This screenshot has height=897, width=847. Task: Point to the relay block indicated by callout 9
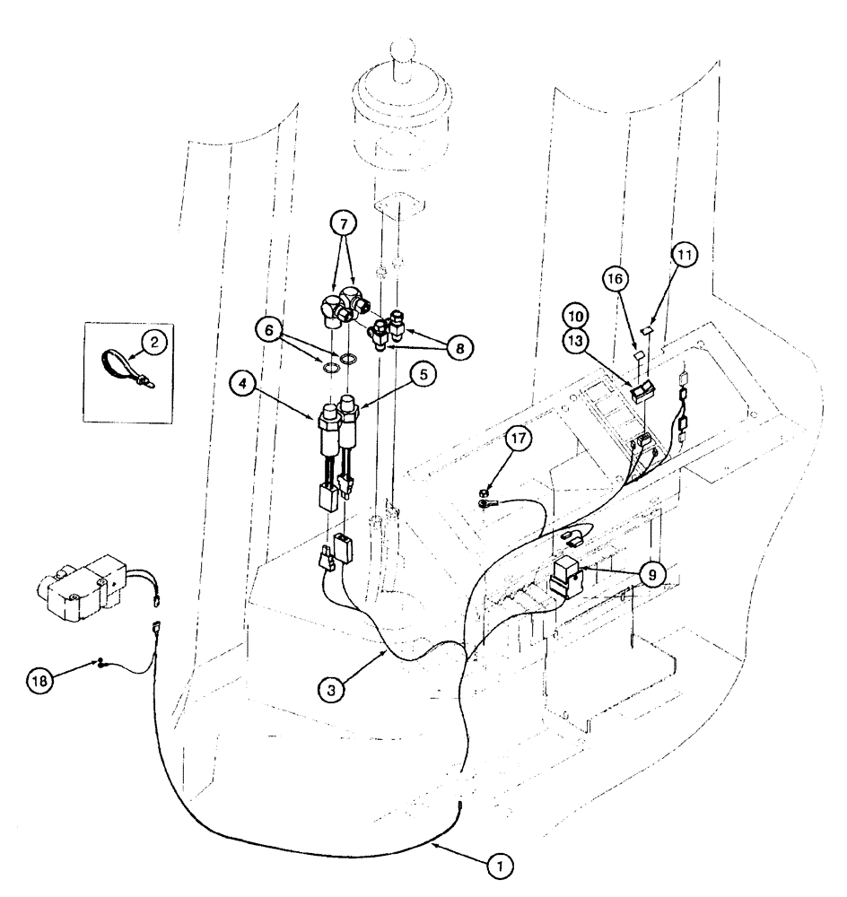pos(565,576)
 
